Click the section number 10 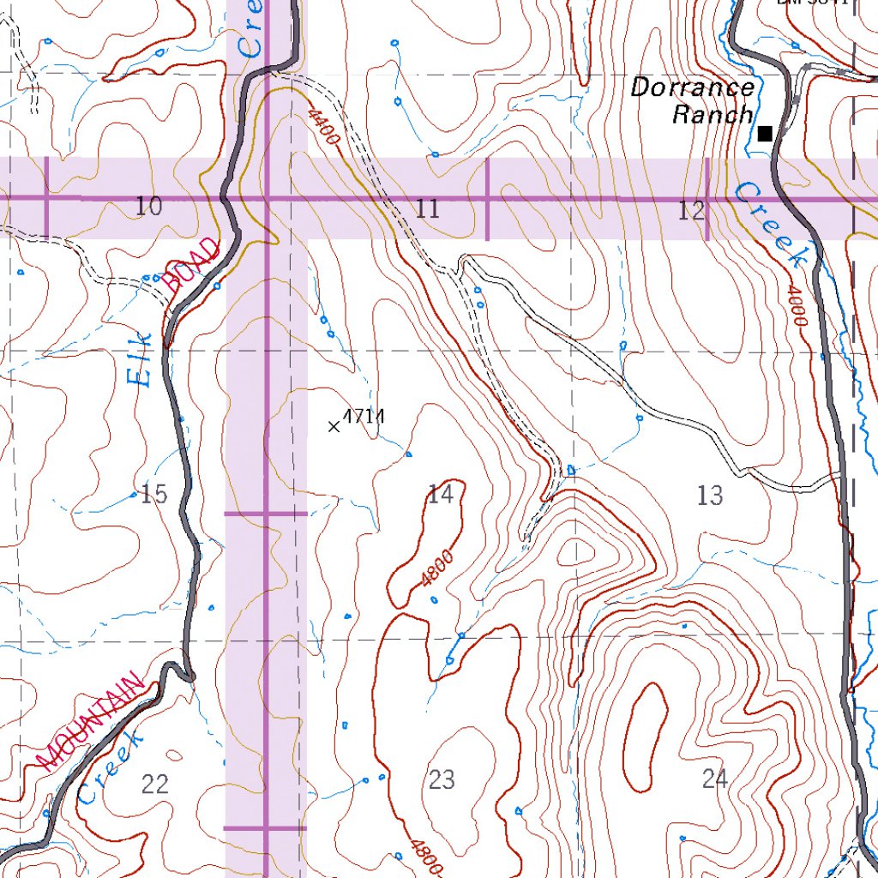tap(148, 206)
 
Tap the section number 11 tap(428, 208)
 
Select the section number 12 tap(691, 210)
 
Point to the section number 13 tap(710, 495)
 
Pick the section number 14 tap(440, 494)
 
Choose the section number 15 tap(154, 494)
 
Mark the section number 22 tap(155, 783)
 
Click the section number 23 tap(442, 779)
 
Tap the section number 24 tap(714, 779)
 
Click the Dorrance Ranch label tap(693, 100)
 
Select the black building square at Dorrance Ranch tap(765, 133)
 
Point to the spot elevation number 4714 tap(364, 417)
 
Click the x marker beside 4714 tap(334, 425)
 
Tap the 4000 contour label tap(795, 306)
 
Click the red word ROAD tap(195, 268)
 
